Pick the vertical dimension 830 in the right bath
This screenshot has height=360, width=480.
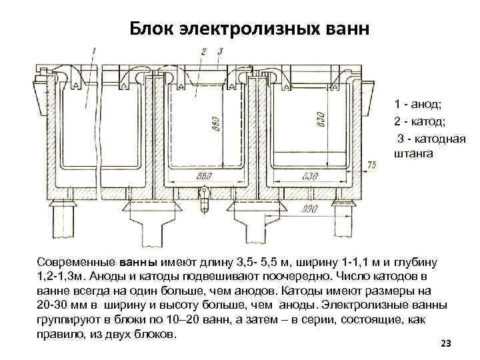pos(322,118)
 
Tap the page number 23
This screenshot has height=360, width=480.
pos(446,343)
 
